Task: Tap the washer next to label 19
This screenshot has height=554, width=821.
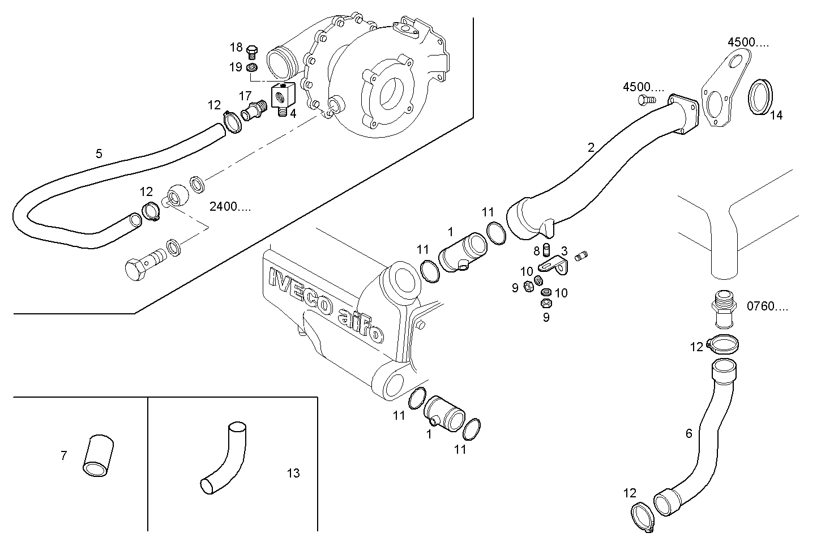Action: (x=253, y=69)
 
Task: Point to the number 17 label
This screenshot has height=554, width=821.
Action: (x=245, y=96)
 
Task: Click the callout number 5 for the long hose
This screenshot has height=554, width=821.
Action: (x=99, y=154)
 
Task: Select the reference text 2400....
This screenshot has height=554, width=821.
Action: (x=230, y=206)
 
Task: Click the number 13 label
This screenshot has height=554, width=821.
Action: (x=293, y=473)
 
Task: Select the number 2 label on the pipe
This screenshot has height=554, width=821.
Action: (x=591, y=148)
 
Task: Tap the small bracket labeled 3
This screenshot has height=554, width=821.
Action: (x=553, y=265)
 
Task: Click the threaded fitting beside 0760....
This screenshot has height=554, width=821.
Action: (x=723, y=309)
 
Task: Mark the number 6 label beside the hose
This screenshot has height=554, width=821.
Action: (x=689, y=433)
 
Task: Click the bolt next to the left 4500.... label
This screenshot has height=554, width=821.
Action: (x=646, y=100)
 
